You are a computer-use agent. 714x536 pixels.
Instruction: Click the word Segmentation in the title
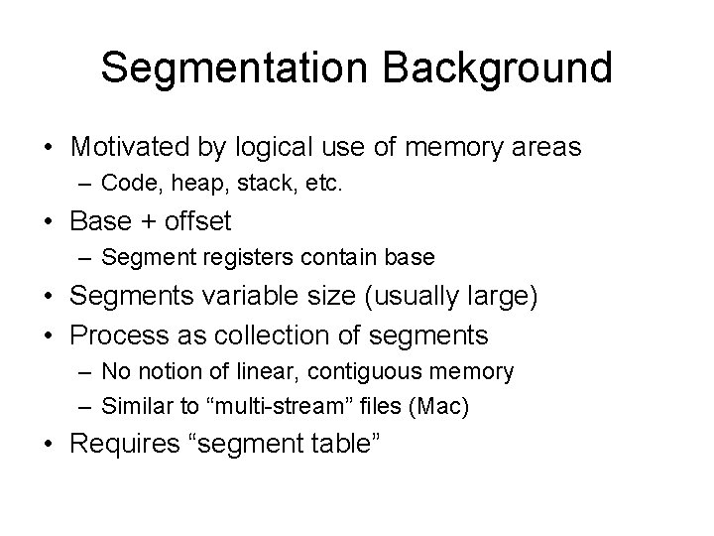pyautogui.click(x=235, y=67)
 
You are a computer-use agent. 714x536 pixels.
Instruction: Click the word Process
pyautogui.click(x=121, y=335)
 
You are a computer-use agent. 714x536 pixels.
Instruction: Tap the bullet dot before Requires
pyautogui.click(x=50, y=443)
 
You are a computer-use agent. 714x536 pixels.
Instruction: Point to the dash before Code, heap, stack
pyautogui.click(x=85, y=184)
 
